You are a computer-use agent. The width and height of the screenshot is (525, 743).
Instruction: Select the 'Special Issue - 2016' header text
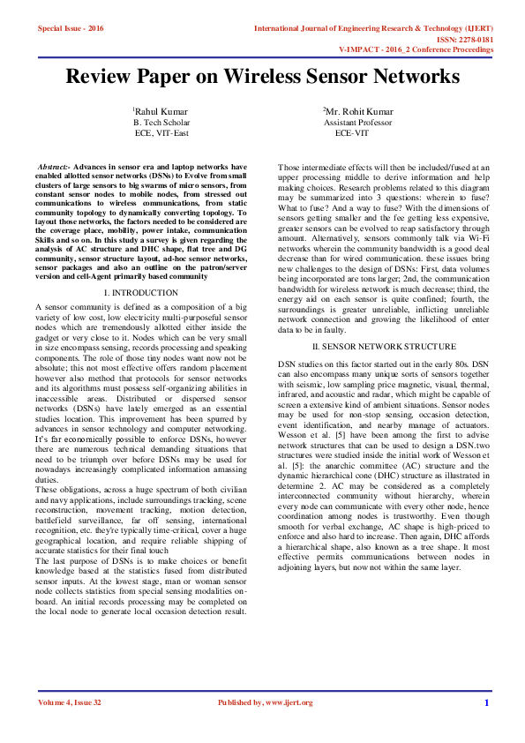(x=71, y=28)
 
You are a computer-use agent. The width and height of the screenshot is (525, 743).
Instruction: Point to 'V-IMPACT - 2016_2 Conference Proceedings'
(x=416, y=50)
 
